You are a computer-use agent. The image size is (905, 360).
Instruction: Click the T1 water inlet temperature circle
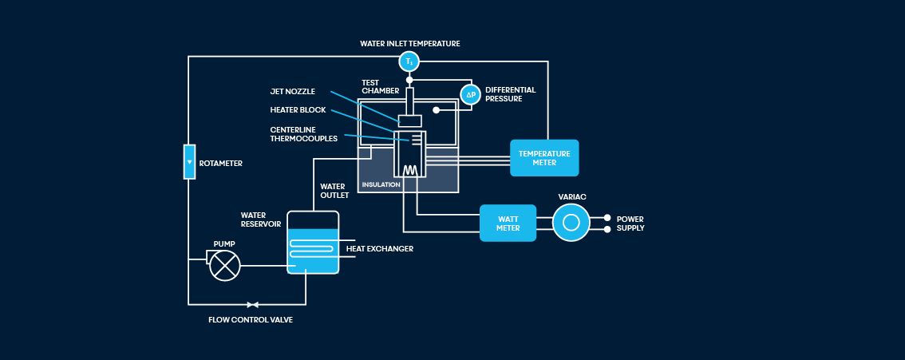(409, 61)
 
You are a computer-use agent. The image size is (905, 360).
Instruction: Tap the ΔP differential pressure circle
(471, 94)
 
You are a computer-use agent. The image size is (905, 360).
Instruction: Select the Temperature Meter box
(544, 158)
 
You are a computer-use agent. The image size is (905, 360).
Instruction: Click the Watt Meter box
(508, 223)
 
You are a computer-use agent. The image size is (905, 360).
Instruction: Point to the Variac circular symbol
(571, 223)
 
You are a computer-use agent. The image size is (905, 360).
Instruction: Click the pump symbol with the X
(225, 265)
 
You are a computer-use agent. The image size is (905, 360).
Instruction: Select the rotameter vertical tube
(189, 162)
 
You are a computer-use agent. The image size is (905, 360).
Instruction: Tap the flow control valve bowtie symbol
(253, 304)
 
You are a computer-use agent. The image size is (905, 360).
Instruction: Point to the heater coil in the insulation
(410, 170)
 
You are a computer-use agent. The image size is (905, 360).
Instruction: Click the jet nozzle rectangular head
(410, 121)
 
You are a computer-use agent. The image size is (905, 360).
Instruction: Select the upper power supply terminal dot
(607, 217)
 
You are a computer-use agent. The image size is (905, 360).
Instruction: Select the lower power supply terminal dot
(607, 229)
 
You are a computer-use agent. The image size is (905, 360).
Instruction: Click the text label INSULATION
(381, 184)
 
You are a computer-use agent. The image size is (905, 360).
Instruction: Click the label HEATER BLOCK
(298, 109)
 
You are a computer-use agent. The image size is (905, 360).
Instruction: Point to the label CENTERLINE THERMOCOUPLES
(303, 133)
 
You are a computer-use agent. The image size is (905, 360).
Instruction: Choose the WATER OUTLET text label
(334, 191)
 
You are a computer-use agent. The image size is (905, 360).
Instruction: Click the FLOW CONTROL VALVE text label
(251, 319)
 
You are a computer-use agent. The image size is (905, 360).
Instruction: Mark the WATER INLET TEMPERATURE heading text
(409, 43)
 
